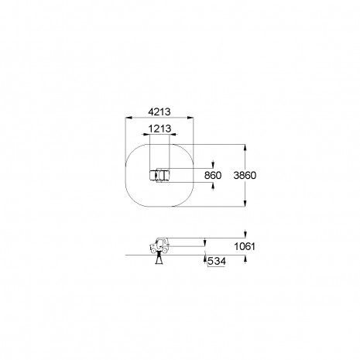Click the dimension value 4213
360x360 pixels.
click(x=159, y=111)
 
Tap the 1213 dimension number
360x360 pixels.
click(x=159, y=129)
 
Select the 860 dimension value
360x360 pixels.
click(x=213, y=175)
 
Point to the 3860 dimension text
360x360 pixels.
click(x=245, y=175)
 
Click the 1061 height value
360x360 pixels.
click(x=245, y=246)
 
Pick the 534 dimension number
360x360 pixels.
click(x=217, y=261)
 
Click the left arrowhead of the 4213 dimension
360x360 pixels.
click(x=129, y=118)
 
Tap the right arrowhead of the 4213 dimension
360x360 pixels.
click(x=190, y=118)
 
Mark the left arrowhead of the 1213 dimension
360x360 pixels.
click(x=146, y=134)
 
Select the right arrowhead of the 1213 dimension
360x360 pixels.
click(x=173, y=134)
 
